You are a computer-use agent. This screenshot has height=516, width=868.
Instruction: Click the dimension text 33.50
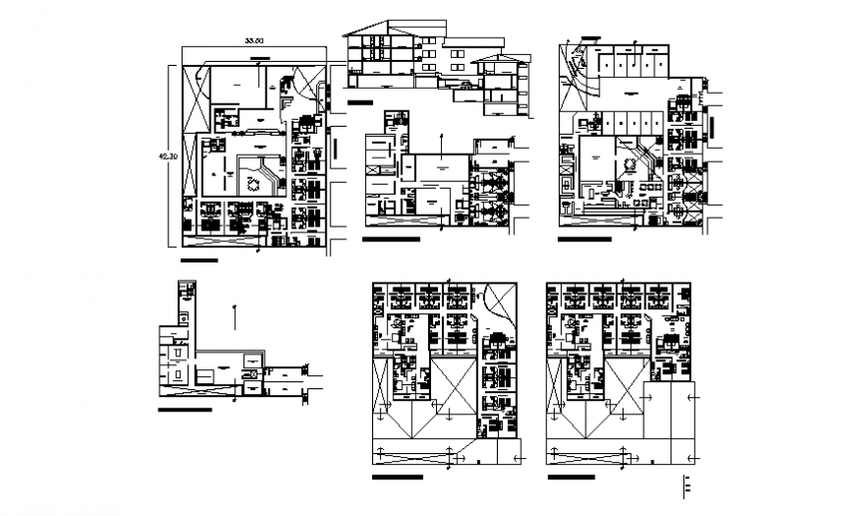(254, 41)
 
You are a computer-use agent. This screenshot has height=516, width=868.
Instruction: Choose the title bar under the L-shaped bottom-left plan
(185, 409)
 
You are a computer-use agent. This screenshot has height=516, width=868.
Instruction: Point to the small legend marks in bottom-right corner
(685, 486)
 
